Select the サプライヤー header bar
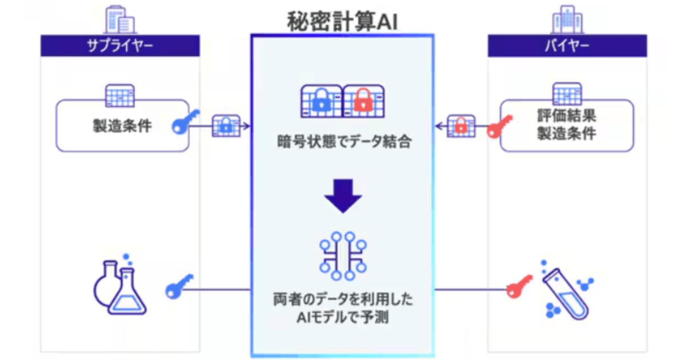pos(120,46)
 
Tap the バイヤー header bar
pos(567,46)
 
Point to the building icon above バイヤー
pos(567,19)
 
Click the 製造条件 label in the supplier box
pos(122,126)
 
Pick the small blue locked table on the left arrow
pos(226,126)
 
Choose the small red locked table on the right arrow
pos(460,126)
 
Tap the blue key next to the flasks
pos(179,286)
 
